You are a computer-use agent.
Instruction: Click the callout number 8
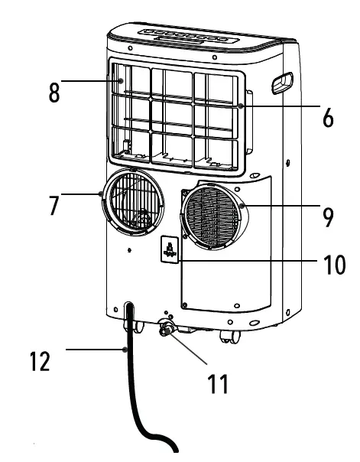click(x=54, y=93)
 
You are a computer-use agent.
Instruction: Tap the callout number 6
click(x=328, y=118)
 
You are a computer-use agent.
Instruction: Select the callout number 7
click(x=54, y=205)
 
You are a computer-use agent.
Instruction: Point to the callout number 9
click(x=328, y=217)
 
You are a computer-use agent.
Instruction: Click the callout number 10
click(x=335, y=265)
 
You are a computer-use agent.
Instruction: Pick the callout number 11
click(x=218, y=384)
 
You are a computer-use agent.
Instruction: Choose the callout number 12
click(x=40, y=361)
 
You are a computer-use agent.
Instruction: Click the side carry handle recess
click(x=282, y=83)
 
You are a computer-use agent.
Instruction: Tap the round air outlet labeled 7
click(x=133, y=202)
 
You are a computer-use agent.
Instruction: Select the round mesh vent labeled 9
click(x=214, y=216)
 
